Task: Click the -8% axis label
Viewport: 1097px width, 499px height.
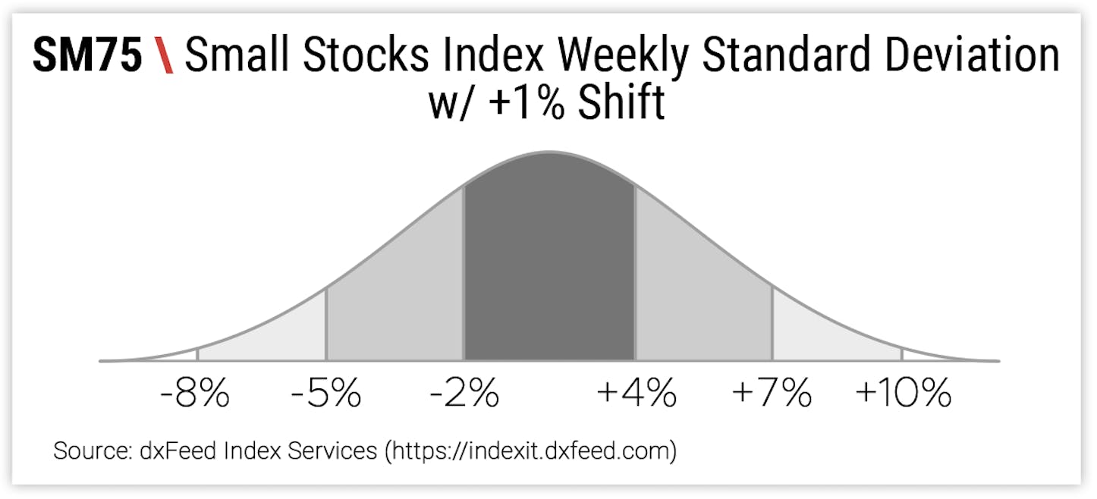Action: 195,394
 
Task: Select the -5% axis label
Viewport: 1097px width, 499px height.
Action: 326,394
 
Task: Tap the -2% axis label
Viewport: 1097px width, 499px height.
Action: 464,394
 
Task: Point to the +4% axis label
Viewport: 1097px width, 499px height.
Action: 636,394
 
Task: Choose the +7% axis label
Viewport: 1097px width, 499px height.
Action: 772,394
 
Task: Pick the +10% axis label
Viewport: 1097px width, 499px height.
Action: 903,394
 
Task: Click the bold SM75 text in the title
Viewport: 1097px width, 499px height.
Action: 87,57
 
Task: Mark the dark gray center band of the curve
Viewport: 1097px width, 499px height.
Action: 549,273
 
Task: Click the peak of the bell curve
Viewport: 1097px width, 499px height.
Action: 549,152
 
